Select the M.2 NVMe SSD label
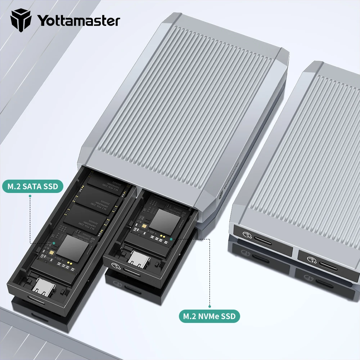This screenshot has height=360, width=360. click(x=209, y=316)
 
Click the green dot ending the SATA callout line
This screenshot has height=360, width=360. click(x=54, y=243)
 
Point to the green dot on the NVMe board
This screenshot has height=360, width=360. click(x=171, y=238)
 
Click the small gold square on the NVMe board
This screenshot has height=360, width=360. click(x=144, y=227)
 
